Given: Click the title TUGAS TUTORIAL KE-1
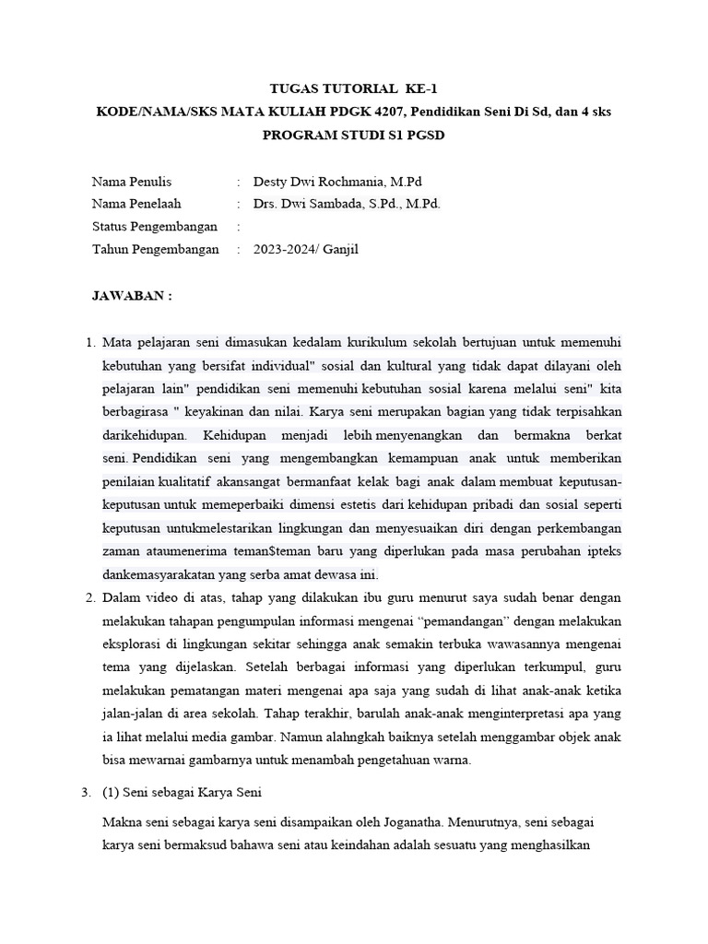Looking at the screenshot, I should point(354,89).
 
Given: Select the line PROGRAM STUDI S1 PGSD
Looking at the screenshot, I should point(354,135).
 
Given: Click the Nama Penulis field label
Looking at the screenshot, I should point(132,182).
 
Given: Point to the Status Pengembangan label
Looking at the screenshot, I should point(155,227).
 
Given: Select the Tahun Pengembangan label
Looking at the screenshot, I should point(156,249).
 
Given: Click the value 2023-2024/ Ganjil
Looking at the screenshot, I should point(305,249).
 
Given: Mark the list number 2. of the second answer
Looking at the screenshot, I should point(89,597).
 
